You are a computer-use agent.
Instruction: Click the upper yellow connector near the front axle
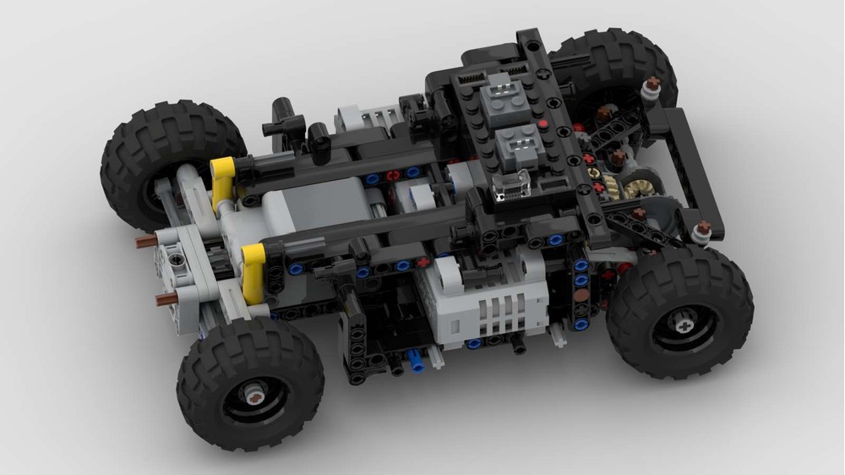click(222, 181)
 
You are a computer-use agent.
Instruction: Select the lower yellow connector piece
click(252, 272)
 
